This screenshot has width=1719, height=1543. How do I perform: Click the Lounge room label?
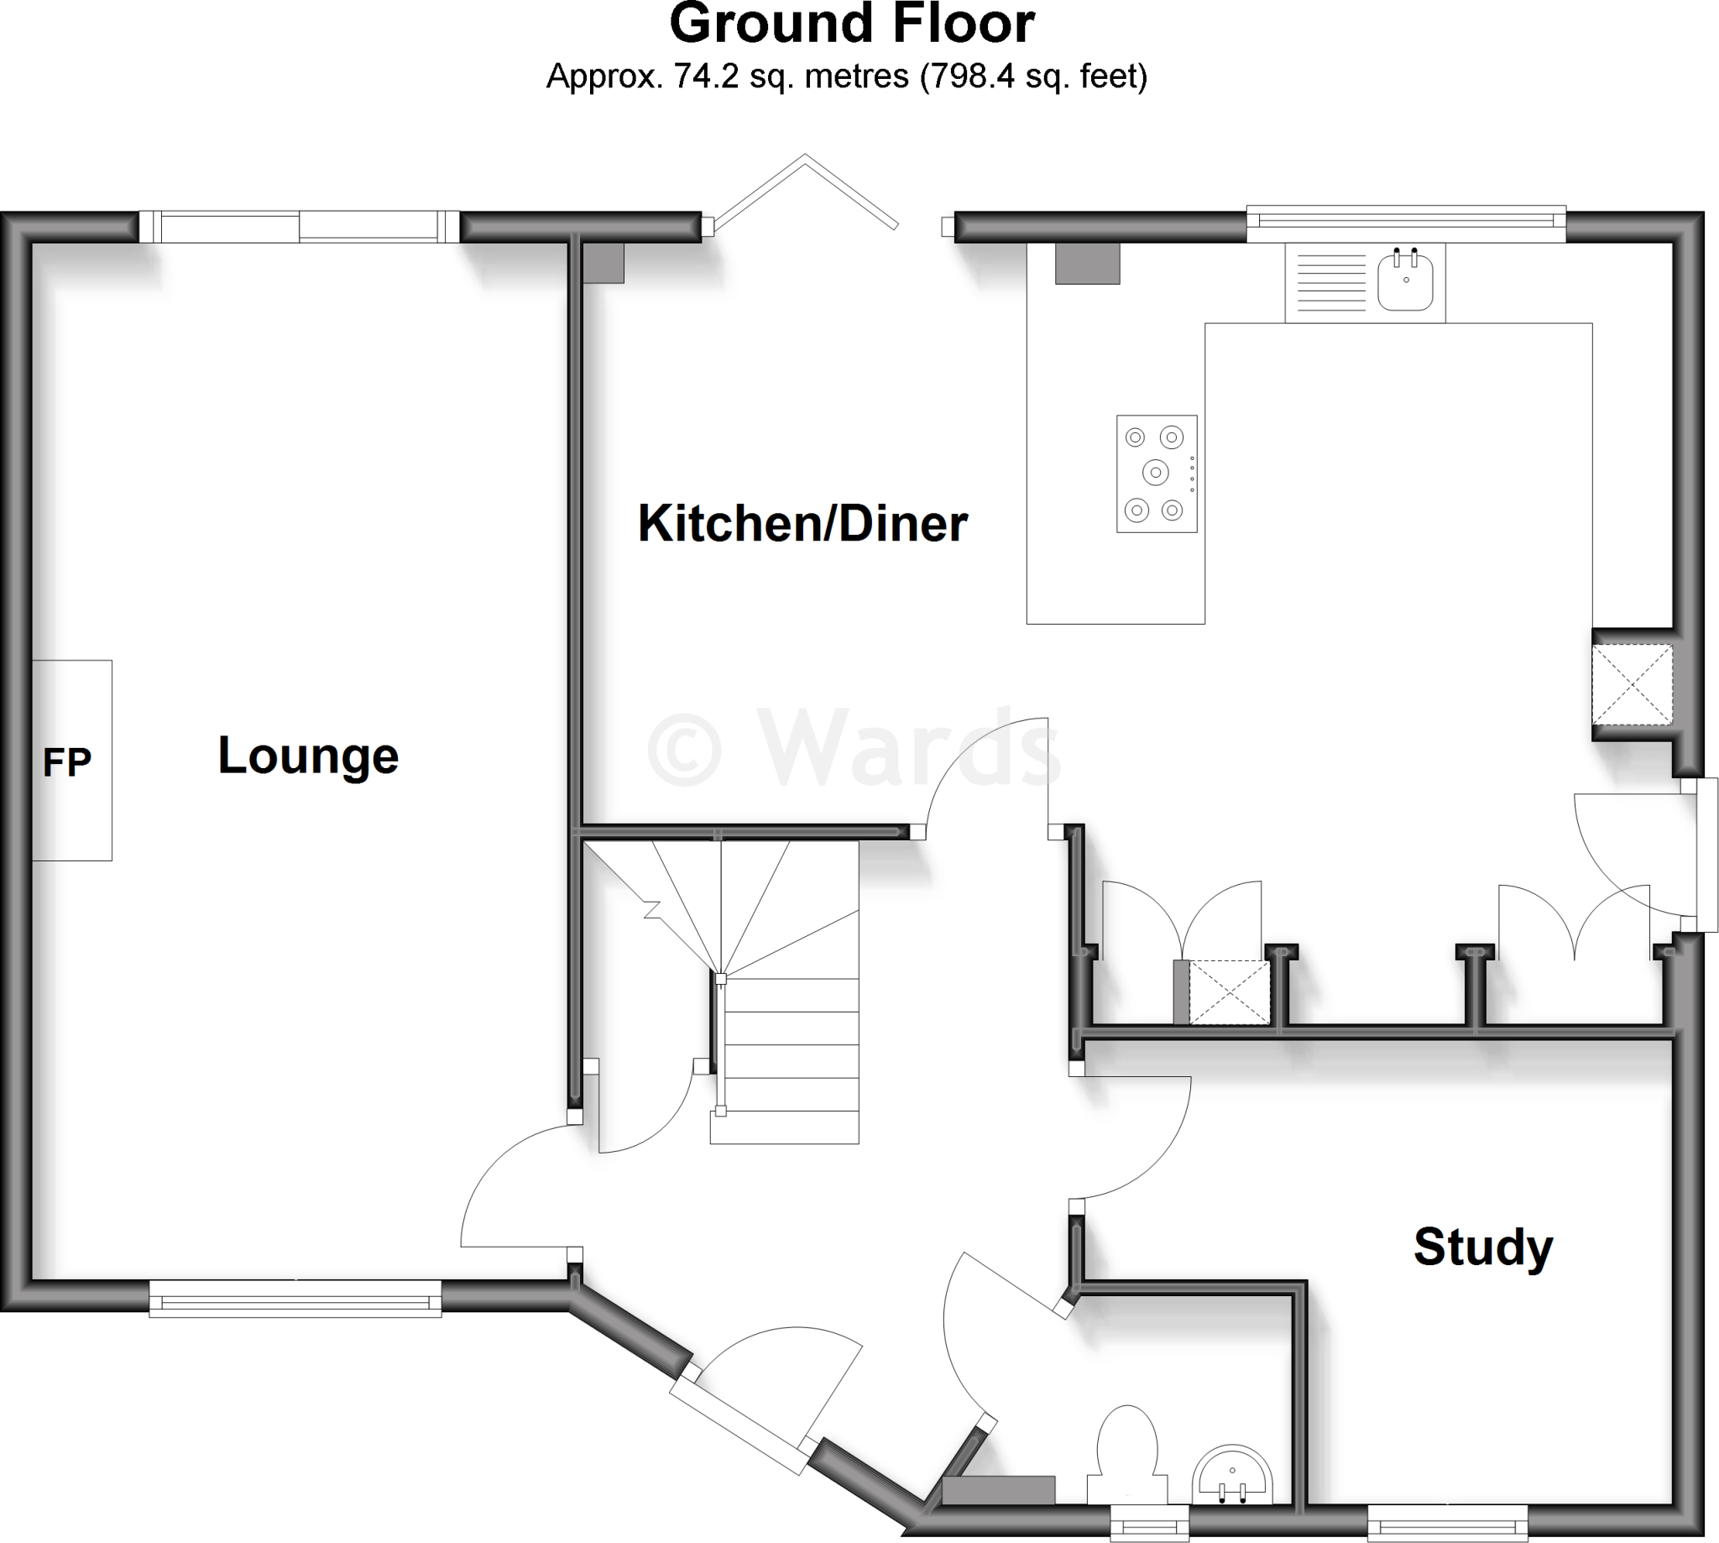(309, 756)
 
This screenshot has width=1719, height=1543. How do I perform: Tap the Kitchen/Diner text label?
(802, 523)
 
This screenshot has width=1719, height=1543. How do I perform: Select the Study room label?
(1482, 1247)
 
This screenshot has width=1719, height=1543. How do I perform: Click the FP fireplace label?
(67, 762)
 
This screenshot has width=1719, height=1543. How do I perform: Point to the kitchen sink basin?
(1405, 281)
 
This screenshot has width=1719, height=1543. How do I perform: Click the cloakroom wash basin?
(1233, 1476)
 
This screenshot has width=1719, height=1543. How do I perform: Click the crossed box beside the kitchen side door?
(1633, 685)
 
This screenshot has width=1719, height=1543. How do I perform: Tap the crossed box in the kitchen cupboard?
(1228, 992)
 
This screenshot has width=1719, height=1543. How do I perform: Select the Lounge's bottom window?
(295, 1298)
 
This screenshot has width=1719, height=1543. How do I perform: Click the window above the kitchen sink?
(1406, 223)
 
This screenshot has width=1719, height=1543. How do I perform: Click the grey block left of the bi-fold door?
(603, 263)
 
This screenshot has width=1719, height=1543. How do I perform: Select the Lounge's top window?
(299, 228)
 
